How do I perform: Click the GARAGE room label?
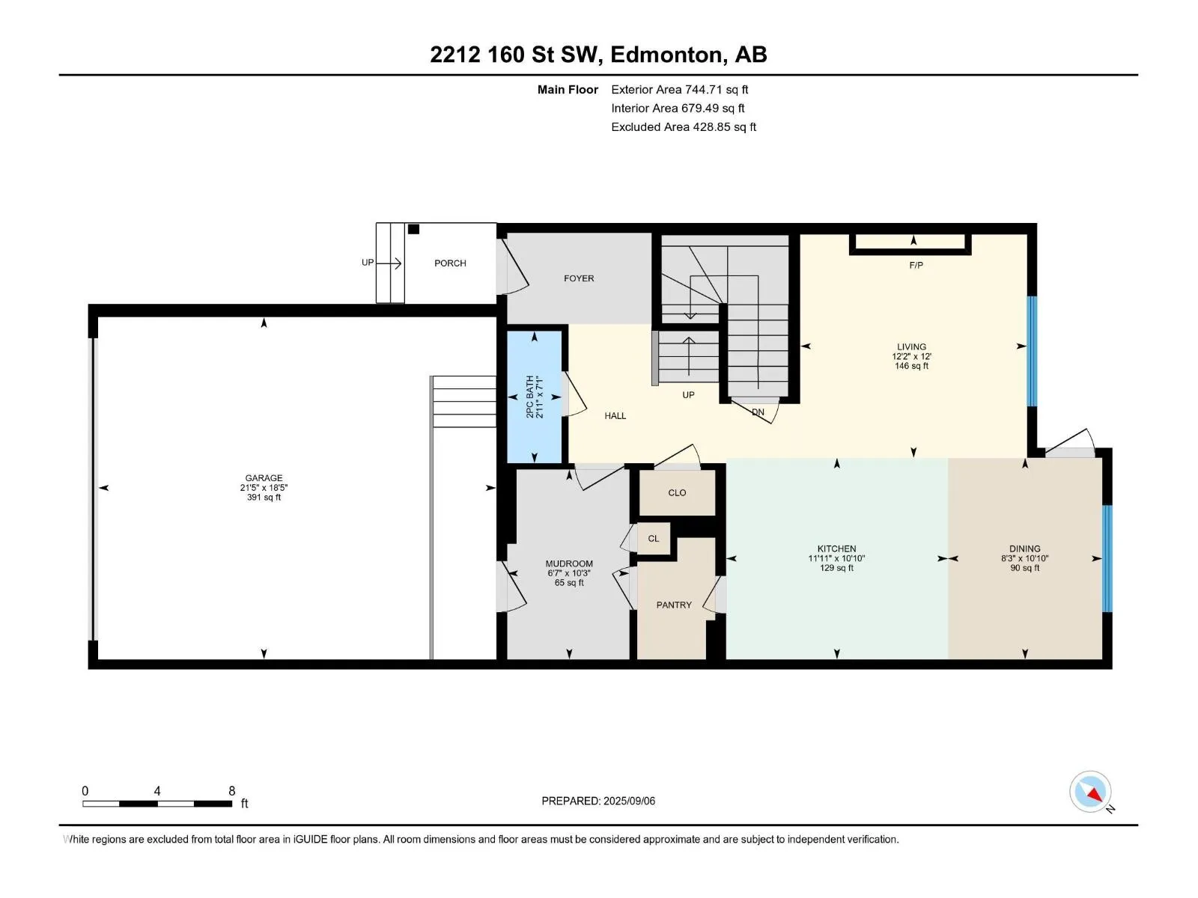264,478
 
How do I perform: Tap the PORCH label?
450,263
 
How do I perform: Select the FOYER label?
579,278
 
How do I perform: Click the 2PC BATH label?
529,397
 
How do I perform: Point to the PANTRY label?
674,605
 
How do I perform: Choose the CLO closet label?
677,493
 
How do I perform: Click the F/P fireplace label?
916,266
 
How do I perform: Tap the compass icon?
1090,792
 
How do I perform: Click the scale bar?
157,804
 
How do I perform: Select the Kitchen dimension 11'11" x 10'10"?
836,558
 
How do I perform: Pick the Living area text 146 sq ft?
911,366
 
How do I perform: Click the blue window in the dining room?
1107,558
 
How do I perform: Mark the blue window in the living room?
1032,351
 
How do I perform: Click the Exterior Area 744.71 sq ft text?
680,89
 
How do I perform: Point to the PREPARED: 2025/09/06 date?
598,801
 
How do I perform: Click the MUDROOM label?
569,563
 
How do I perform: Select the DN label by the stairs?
758,412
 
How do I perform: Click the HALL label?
615,416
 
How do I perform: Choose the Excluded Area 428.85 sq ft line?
684,127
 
